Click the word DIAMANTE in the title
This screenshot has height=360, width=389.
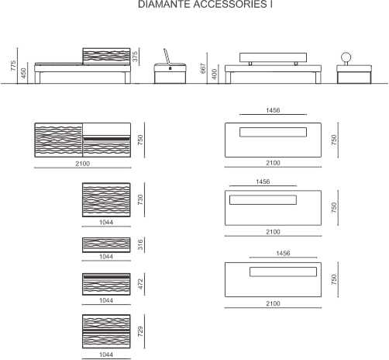point(164,4)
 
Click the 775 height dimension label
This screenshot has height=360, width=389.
point(13,66)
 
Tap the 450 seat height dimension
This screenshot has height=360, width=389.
point(23,73)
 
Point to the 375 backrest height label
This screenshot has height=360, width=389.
point(135,57)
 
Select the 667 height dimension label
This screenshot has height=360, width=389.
point(203,68)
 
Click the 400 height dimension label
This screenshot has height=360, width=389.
point(215,74)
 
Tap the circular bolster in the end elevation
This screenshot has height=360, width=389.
point(346,57)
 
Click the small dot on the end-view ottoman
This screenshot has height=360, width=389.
point(170,68)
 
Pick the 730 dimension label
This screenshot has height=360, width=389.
point(140,199)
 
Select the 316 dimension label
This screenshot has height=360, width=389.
point(140,244)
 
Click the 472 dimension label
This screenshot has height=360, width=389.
point(140,284)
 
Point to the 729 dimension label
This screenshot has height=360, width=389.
point(140,331)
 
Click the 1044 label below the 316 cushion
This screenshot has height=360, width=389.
point(106,257)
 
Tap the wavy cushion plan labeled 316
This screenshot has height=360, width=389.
point(106,245)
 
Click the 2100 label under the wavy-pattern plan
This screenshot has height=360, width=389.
point(83,164)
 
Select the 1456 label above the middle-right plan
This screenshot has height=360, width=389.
point(263,182)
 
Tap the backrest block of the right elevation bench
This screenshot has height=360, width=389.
point(273,57)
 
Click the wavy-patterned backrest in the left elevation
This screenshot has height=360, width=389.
point(106,56)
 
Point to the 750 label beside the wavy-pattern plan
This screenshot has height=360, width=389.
point(140,140)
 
